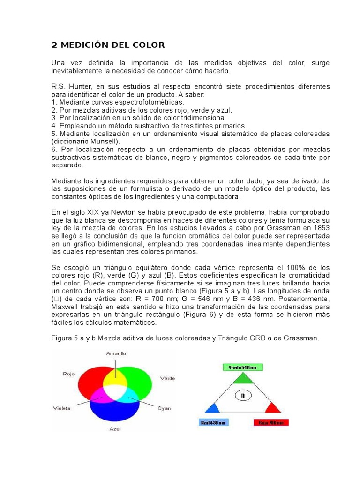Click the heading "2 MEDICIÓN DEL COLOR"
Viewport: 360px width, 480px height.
[x=108, y=45]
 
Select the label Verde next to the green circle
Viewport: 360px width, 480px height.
[x=167, y=378]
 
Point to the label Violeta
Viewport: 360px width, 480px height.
[x=62, y=408]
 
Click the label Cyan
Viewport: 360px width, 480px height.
[x=164, y=408]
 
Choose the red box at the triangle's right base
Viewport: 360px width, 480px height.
[x=271, y=422]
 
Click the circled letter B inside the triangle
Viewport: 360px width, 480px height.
[x=243, y=397]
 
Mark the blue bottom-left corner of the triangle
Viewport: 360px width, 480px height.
[x=212, y=408]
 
